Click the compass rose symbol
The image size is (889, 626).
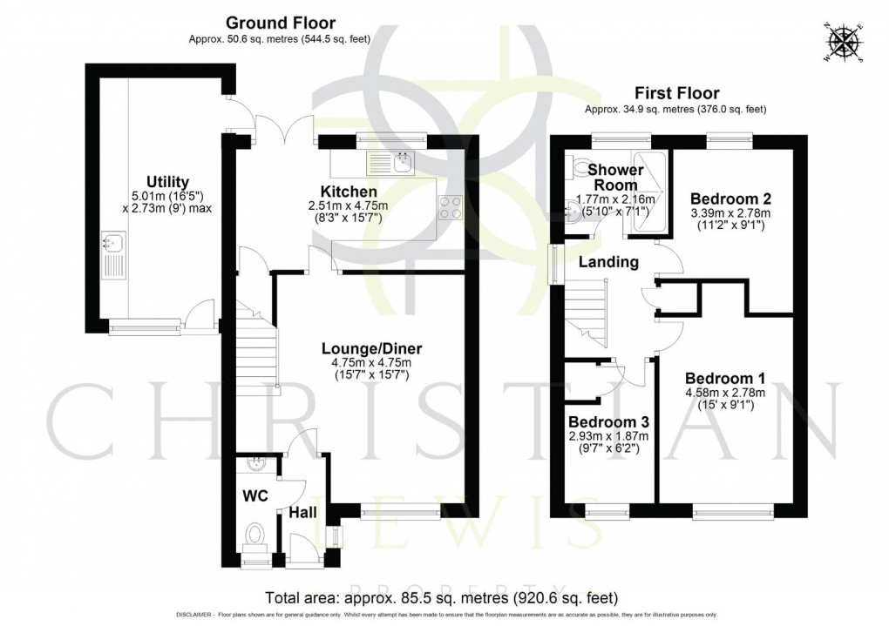point(845,43)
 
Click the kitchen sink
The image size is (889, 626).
point(392,162)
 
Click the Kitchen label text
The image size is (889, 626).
point(349,192)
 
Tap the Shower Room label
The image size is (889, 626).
point(615,178)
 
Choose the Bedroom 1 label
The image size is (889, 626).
point(724,379)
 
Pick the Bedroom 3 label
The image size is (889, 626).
point(609,422)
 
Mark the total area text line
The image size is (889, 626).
point(443,598)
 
